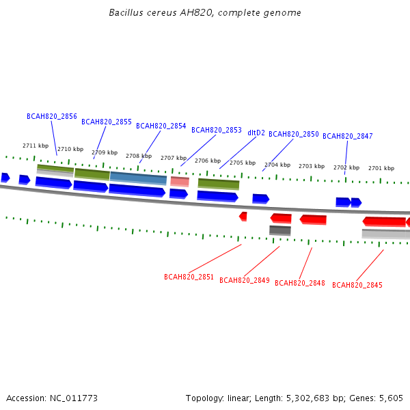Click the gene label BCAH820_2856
pyautogui.click(x=52, y=116)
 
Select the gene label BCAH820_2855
pyautogui.click(x=107, y=122)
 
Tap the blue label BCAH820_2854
pyautogui.click(x=161, y=126)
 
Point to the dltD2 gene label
pyautogui.click(x=256, y=133)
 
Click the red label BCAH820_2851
pyautogui.click(x=189, y=277)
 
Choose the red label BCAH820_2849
pyautogui.click(x=245, y=280)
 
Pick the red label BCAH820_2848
pyautogui.click(x=300, y=283)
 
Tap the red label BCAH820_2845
pyautogui.click(x=357, y=285)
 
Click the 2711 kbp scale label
pyautogui.click(x=36, y=146)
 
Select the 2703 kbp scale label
pyautogui.click(x=312, y=166)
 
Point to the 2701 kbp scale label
pyautogui.click(x=381, y=168)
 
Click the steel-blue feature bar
pyautogui.click(x=138, y=178)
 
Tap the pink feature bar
pyautogui.click(x=180, y=182)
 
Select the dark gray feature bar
pyautogui.click(x=280, y=231)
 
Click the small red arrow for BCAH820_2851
pyautogui.click(x=243, y=217)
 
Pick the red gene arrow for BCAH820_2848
pyautogui.click(x=313, y=219)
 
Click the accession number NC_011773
pyautogui.click(x=74, y=398)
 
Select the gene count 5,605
pyautogui.click(x=391, y=398)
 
